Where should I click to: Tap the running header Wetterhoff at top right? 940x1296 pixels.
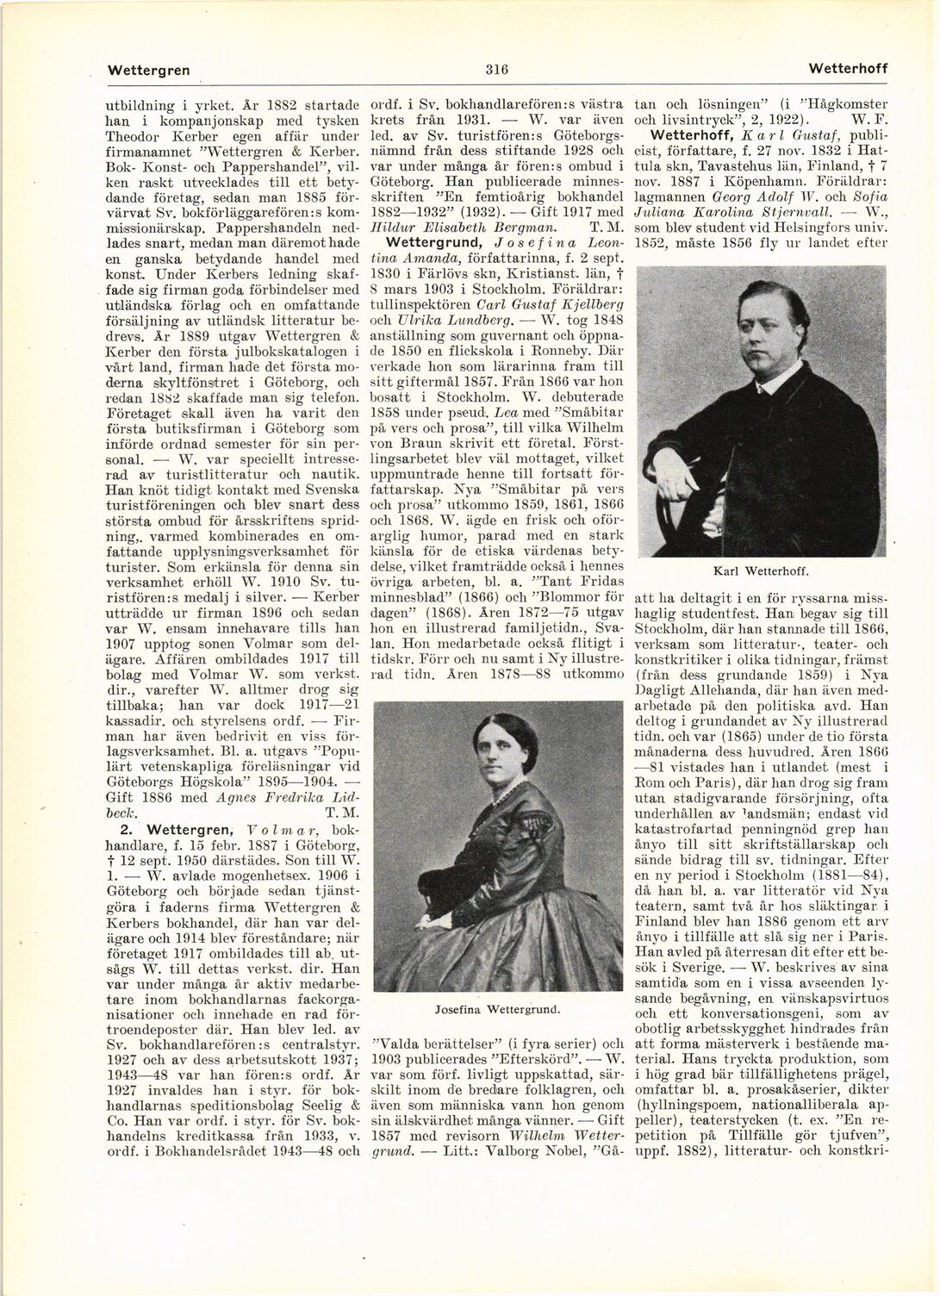[849, 68]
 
